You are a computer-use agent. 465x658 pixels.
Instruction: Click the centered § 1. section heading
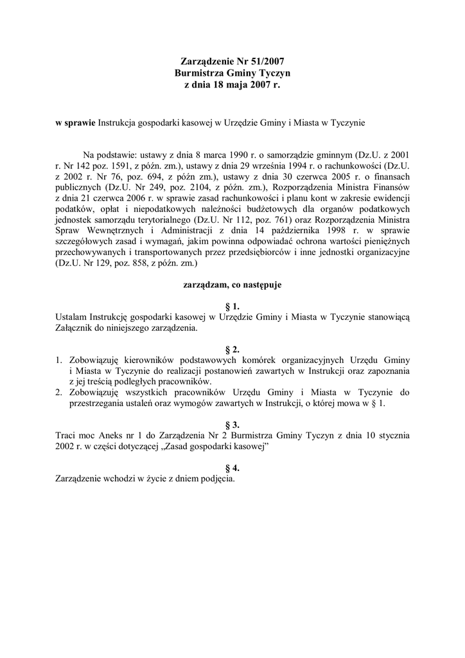pyautogui.click(x=232, y=307)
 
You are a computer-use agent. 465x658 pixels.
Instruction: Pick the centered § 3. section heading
pyautogui.click(x=232, y=425)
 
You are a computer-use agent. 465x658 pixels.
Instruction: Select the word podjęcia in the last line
pyautogui.click(x=218, y=478)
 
